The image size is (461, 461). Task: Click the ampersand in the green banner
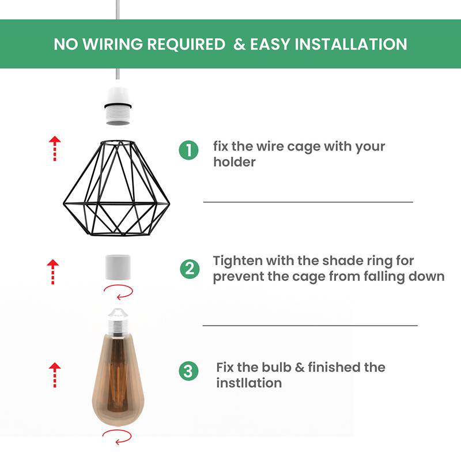click(x=239, y=44)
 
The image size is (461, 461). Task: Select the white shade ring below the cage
click(x=121, y=268)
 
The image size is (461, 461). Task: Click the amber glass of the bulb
click(x=121, y=380)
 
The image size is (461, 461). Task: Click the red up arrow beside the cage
click(x=54, y=148)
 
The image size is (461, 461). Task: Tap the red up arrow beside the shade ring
click(x=53, y=271)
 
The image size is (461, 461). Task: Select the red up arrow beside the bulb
click(x=54, y=374)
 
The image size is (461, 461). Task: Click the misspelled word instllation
click(x=249, y=383)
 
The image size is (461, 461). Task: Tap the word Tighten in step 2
click(x=236, y=261)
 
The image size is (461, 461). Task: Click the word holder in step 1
click(x=234, y=162)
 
